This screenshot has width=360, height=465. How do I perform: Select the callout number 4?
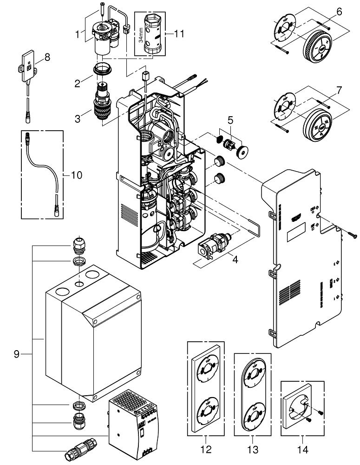pyautogui.click(x=235, y=260)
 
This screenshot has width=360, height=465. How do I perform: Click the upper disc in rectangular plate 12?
pyautogui.click(x=205, y=372)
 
